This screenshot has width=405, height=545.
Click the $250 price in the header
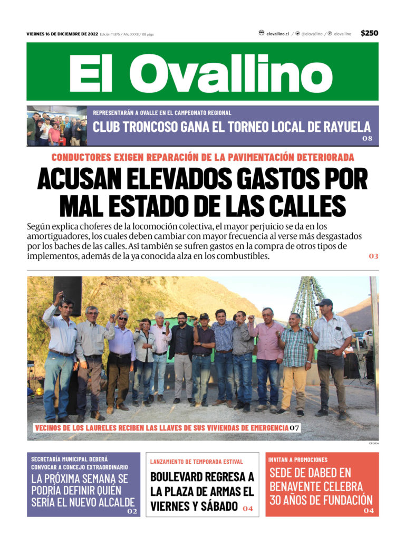pos(369,33)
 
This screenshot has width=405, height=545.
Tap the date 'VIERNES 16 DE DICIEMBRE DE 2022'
pos(62,34)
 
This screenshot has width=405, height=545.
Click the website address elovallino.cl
pos(277,34)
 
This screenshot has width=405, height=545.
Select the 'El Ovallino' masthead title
pos(202,72)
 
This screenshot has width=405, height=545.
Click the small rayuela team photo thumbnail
pos(56,126)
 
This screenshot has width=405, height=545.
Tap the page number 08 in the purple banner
pos(367,139)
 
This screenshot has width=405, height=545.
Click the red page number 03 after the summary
pos(373,256)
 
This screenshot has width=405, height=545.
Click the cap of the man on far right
pos(324,302)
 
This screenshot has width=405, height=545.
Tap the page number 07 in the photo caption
pos(294,428)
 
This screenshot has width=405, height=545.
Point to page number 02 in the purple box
pos(132,512)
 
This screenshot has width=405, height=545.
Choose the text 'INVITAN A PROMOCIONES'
pos(297,460)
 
